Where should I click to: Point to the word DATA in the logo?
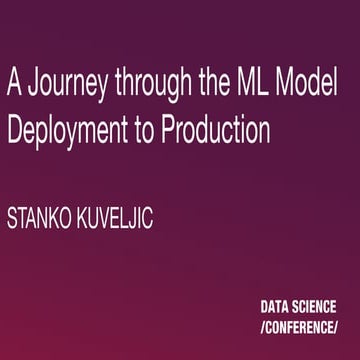point(276,308)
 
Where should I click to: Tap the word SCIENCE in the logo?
point(318,308)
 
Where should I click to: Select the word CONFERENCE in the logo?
point(298,328)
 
